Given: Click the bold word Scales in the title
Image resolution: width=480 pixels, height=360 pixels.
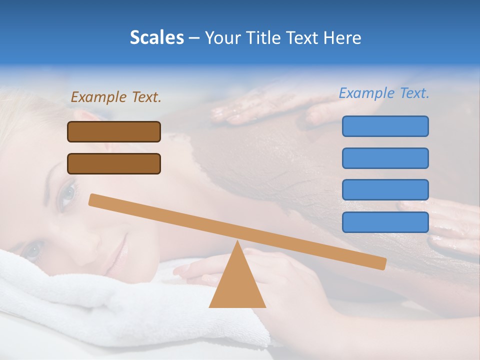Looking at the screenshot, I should click(156, 37).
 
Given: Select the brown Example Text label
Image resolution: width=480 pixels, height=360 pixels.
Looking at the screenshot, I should click(116, 97).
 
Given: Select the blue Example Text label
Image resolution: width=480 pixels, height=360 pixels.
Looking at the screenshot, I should click(384, 93).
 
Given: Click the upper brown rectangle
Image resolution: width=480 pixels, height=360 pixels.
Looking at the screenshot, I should click(114, 132).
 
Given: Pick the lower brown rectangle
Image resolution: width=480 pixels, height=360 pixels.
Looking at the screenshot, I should click(114, 163).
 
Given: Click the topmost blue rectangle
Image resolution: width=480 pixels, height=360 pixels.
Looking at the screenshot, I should click(385, 126).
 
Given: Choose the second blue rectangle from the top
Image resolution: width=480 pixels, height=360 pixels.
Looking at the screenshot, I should click(385, 158).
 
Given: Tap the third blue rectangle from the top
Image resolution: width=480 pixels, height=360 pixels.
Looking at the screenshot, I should click(385, 190).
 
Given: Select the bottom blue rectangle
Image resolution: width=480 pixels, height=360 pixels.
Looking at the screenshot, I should click(385, 222).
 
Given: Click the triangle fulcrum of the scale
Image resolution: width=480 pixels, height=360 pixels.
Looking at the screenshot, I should click(237, 285).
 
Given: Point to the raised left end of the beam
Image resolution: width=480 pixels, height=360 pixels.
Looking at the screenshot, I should click(93, 200).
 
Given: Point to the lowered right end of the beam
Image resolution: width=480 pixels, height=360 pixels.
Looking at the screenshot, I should click(382, 263).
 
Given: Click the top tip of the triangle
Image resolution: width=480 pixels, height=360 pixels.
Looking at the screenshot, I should click(237, 242).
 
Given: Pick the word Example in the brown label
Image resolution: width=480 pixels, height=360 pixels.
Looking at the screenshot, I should click(98, 97).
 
